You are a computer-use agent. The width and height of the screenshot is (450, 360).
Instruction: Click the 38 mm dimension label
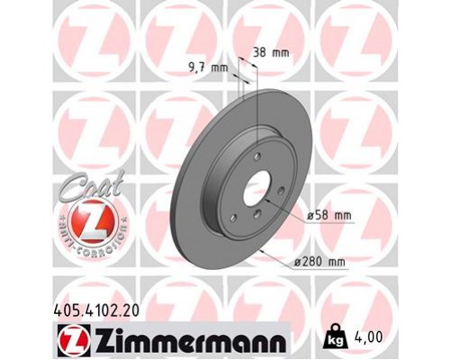click(x=271, y=52)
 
